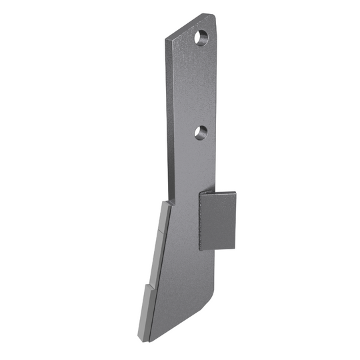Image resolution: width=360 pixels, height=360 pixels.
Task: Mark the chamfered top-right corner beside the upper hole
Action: coord(213,17)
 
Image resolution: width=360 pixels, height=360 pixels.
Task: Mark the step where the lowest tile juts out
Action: coord(148,287)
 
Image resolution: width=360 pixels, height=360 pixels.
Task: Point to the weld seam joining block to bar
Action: coord(200,220)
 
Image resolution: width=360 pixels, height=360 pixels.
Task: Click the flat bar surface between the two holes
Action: coord(193,87)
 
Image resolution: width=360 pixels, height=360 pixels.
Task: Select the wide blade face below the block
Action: coord(180,280)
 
